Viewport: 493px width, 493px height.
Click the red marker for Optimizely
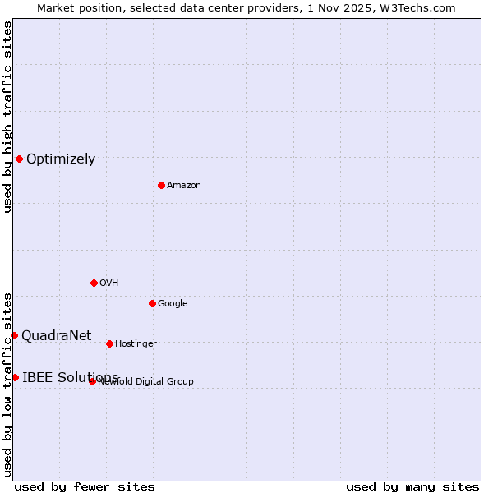pyautogui.click(x=19, y=159)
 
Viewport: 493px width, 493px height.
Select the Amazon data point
pyautogui.click(x=161, y=185)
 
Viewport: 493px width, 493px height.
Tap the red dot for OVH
pyautogui.click(x=94, y=283)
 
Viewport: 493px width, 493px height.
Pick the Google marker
pyautogui.click(x=152, y=303)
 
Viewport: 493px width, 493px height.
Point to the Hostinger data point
pyautogui.click(x=109, y=343)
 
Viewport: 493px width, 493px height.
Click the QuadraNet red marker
pyautogui.click(x=14, y=335)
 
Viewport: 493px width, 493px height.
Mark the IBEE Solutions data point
pyautogui.click(x=15, y=377)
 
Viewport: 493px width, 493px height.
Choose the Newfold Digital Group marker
pyautogui.click(x=92, y=381)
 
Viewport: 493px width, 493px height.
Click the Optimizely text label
pyautogui.click(x=61, y=159)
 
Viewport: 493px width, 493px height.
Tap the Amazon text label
pyautogui.click(x=184, y=186)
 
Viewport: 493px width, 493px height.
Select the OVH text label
pyautogui.click(x=109, y=283)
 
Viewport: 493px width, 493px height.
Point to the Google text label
pyautogui.click(x=173, y=304)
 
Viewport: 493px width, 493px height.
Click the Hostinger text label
pyautogui.click(x=136, y=344)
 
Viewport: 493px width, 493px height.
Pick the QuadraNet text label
pyautogui.click(x=56, y=335)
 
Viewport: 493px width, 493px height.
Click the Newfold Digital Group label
pyautogui.click(x=146, y=381)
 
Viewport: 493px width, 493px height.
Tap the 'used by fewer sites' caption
pyautogui.click(x=85, y=486)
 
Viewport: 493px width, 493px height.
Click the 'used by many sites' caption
pyautogui.click(x=412, y=486)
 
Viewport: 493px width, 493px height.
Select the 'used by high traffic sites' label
pyautogui.click(x=7, y=117)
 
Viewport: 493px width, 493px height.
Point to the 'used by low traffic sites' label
pyautogui.click(x=7, y=384)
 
